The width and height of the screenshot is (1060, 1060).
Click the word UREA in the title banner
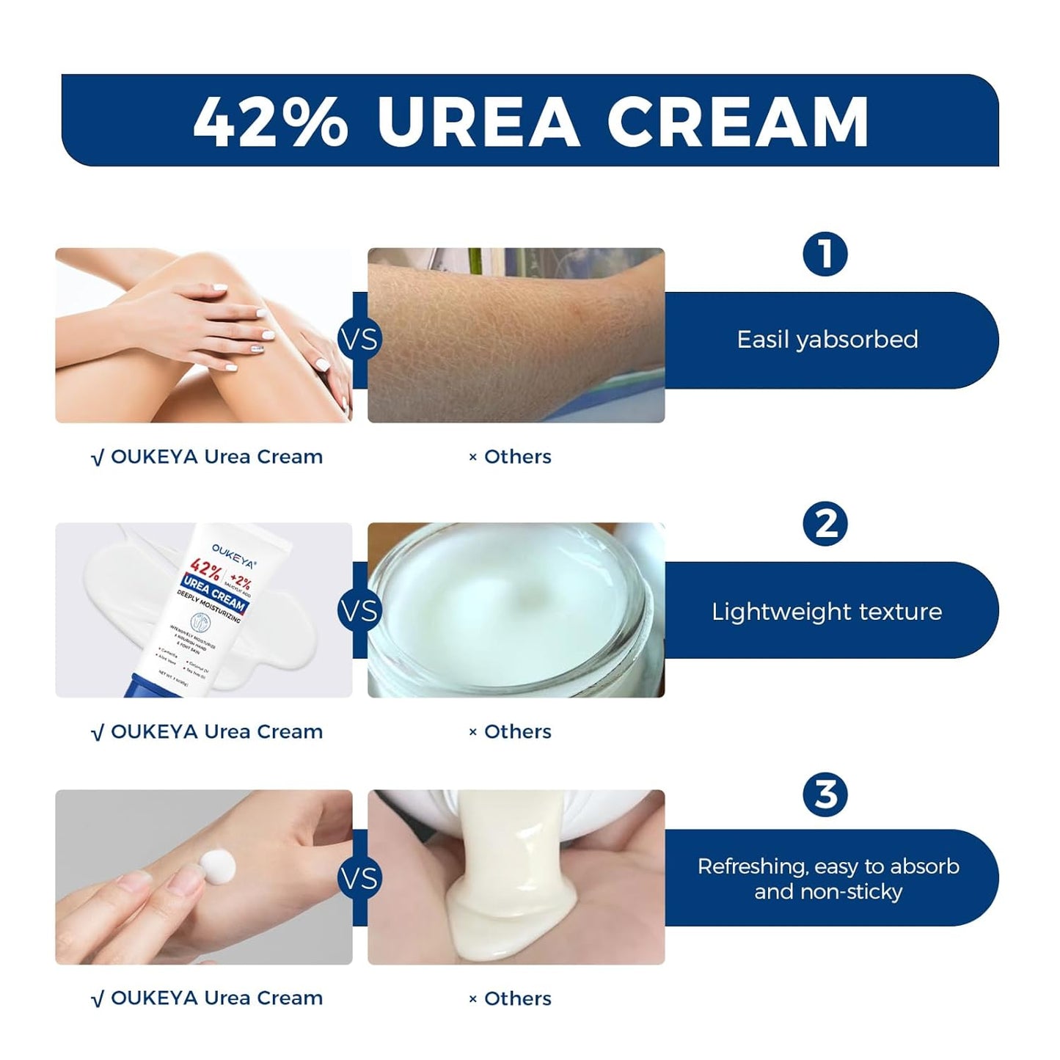478,121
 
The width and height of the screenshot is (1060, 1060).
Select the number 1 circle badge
825,255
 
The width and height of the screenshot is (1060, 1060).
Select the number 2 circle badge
825,524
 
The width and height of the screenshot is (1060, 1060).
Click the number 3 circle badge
825,794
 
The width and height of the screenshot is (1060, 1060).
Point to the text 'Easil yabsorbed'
827,340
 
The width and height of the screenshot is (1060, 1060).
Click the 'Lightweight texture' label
827,612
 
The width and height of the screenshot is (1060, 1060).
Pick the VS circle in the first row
359,340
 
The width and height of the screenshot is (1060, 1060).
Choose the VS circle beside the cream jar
359,611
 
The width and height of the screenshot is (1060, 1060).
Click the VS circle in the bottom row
359,878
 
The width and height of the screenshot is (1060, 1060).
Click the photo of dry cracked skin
516,335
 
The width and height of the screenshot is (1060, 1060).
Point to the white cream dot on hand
219,868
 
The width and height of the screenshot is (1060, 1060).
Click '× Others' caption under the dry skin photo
511,457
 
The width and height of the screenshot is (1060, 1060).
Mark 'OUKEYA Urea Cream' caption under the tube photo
208,732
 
